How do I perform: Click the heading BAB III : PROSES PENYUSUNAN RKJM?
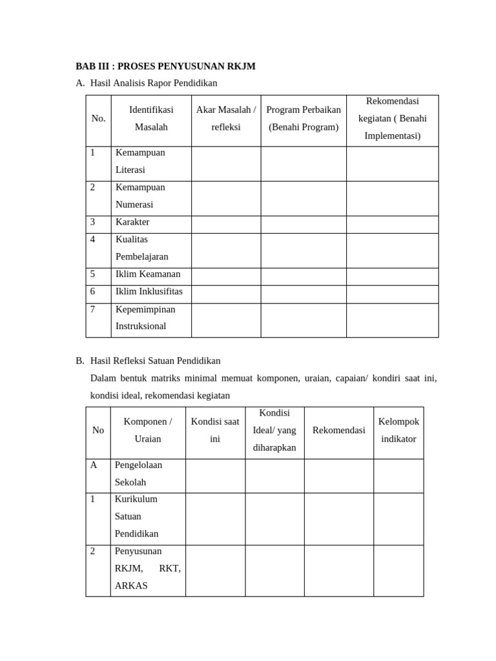[165, 66]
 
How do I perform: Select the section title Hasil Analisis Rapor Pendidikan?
[154, 83]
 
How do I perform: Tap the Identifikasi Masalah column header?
[151, 119]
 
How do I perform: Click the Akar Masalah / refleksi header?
[226, 119]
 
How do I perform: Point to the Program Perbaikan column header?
[304, 119]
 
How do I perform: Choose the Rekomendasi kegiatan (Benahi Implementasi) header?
[392, 119]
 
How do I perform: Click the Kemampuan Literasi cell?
[140, 161]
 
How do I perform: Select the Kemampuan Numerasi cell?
[140, 196]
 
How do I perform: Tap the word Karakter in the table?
[132, 222]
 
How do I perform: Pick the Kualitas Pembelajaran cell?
[141, 249]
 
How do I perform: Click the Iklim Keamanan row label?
[148, 274]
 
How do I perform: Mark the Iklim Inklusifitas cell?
[149, 292]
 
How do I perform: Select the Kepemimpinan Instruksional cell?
[145, 318]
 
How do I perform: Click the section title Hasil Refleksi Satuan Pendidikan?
[155, 361]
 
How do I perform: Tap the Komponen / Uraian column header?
[148, 431]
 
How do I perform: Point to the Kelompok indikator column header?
[398, 431]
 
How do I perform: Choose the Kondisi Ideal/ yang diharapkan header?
[274, 431]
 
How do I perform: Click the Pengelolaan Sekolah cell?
[138, 474]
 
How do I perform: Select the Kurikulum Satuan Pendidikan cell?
[136, 516]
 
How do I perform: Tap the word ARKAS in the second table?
[131, 586]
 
